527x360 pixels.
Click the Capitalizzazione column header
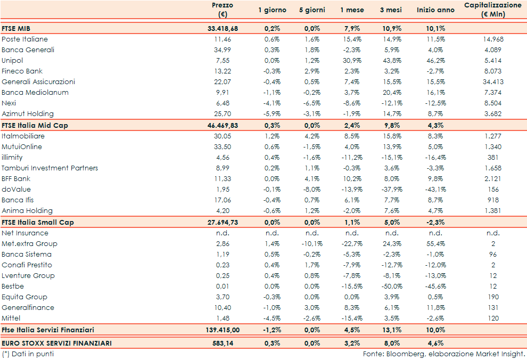coord(492,10)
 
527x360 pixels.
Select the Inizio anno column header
coord(435,10)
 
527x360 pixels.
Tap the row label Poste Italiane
coord(24,39)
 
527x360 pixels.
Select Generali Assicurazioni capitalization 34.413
coord(492,82)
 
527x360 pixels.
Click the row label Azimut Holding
coord(28,114)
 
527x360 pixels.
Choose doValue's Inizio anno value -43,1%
coord(435,190)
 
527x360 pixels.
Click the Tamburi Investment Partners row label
coord(50,168)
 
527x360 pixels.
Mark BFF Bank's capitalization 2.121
coord(492,179)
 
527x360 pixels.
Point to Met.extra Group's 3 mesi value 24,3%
coord(392,244)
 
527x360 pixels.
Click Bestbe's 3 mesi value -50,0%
coord(392,287)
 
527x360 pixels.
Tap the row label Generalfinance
coord(28,308)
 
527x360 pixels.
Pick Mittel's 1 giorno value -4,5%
coord(272,318)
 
